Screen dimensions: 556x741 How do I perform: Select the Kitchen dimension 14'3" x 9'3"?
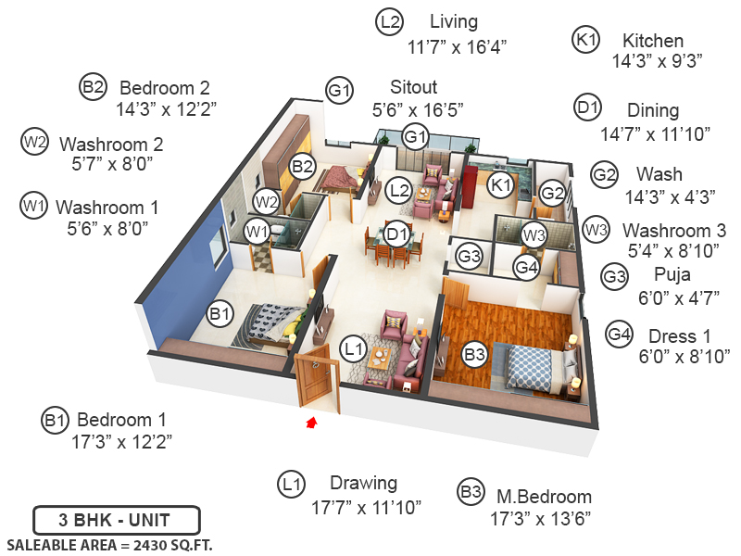click(x=659, y=61)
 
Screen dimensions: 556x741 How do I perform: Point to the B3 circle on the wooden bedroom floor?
click(x=474, y=354)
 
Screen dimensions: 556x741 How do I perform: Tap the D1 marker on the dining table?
click(x=397, y=234)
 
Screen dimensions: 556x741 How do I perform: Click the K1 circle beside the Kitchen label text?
click(x=587, y=41)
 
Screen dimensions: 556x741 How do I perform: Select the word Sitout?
click(x=414, y=88)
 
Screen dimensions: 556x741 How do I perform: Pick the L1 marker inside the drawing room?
click(x=351, y=348)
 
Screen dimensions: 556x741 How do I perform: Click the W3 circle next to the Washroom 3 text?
click(x=596, y=229)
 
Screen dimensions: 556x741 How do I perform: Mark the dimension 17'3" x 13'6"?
click(x=539, y=517)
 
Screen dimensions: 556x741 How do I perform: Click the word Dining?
click(x=653, y=110)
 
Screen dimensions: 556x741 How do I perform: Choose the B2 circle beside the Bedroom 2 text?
click(x=93, y=88)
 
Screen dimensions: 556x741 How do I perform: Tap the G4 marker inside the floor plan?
click(x=526, y=268)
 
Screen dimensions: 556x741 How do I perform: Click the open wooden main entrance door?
click(x=314, y=375)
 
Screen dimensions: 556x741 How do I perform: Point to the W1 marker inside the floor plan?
click(x=257, y=231)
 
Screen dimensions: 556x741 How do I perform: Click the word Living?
click(x=454, y=21)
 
